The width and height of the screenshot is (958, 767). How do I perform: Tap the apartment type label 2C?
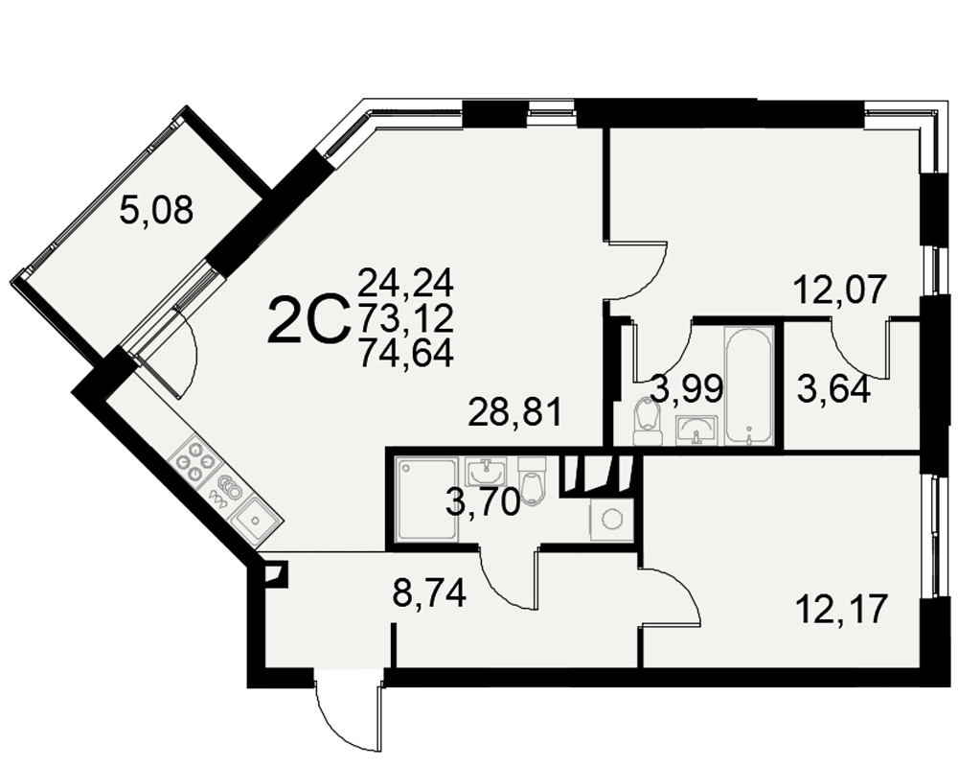[x=308, y=320]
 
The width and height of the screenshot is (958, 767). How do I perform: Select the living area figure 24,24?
[x=406, y=282]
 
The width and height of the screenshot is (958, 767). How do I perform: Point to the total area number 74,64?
[x=406, y=353]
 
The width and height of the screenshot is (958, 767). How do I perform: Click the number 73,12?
[x=406, y=317]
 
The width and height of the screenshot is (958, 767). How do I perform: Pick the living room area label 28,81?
[x=514, y=412]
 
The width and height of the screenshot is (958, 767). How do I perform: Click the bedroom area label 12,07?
[x=839, y=290]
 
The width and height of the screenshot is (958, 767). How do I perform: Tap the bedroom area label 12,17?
[x=841, y=609]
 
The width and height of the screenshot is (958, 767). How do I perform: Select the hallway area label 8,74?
[x=429, y=593]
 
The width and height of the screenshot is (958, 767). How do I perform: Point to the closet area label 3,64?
[x=833, y=389]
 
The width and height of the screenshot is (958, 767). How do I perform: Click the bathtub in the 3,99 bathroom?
[x=749, y=385]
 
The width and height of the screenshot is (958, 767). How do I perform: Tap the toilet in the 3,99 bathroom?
[x=648, y=422]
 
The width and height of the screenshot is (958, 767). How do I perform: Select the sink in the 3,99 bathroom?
[x=696, y=430]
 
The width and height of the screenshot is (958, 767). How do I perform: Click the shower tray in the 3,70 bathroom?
[x=426, y=500]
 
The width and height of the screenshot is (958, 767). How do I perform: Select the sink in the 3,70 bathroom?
[x=487, y=471]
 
